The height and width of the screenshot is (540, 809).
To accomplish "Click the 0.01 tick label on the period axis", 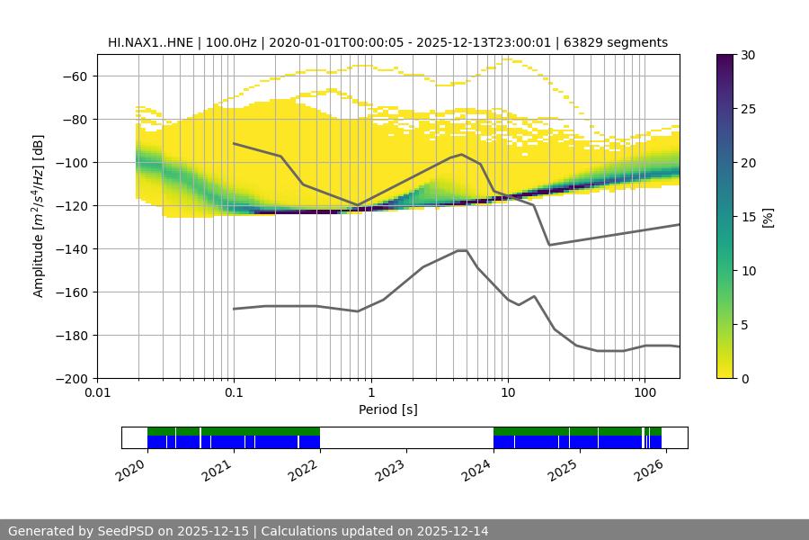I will [x=97, y=393].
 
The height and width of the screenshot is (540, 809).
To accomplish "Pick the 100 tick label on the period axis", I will [x=644, y=393].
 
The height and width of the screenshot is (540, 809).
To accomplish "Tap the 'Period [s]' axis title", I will [x=387, y=409].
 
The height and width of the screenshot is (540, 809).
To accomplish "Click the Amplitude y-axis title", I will [x=39, y=216].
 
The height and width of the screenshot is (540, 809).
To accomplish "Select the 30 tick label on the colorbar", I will [x=747, y=55].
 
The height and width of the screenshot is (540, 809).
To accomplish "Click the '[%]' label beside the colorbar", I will [x=768, y=217].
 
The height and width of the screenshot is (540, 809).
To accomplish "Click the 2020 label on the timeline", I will [x=131, y=469].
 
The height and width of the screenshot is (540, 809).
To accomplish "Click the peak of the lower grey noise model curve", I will [x=462, y=250].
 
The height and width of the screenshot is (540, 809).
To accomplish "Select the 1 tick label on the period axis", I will [x=370, y=393].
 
